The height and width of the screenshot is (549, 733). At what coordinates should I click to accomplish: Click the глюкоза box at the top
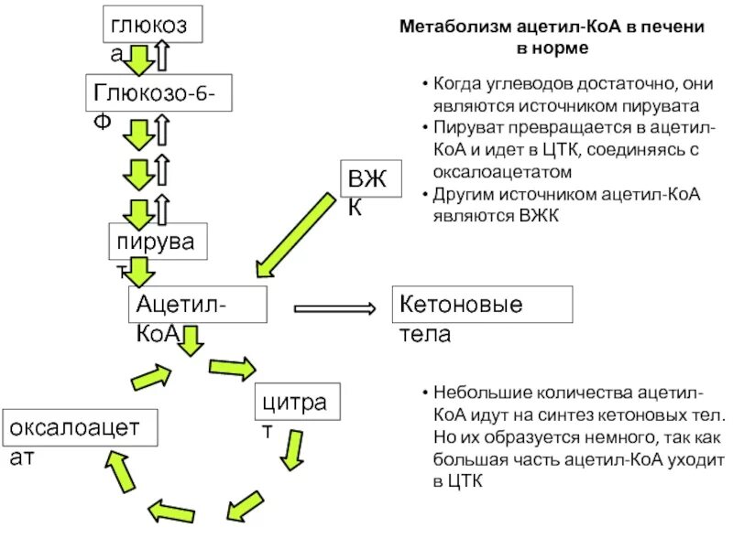[x=152, y=26]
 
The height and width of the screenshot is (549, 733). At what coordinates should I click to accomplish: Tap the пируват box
[x=159, y=242]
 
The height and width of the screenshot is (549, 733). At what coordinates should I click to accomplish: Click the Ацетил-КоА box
[x=197, y=305]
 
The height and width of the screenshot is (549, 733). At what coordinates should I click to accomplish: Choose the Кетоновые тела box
[x=482, y=305]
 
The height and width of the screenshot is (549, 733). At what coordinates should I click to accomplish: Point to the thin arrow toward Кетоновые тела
[x=334, y=309]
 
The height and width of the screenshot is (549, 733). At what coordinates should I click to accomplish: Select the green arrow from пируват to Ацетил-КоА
[x=140, y=270]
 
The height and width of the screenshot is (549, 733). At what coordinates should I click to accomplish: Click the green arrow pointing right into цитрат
[x=233, y=368]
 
